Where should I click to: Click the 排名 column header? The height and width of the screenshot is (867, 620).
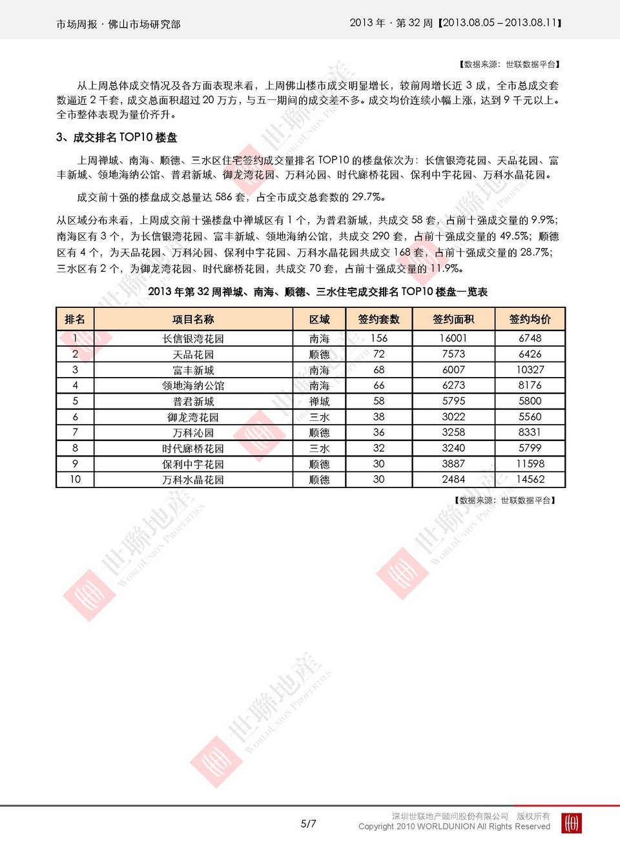75,319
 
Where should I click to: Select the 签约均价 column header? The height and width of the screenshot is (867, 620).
530,319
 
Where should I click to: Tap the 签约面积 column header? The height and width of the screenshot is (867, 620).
453,319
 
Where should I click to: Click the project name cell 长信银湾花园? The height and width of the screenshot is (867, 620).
193,338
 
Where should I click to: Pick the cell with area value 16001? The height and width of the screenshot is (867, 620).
453,338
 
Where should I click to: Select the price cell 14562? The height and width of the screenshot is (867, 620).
530,479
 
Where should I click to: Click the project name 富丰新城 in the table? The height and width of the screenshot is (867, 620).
193,370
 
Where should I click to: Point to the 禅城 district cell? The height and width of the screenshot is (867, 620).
319,401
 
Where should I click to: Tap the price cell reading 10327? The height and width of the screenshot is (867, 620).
530,370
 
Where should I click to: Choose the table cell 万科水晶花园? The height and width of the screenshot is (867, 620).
193,480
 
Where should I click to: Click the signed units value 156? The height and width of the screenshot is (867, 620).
378,338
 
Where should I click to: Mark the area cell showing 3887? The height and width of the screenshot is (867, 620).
453,464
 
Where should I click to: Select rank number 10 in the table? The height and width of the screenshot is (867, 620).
75,479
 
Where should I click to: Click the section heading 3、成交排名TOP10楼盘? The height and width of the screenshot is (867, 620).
116,138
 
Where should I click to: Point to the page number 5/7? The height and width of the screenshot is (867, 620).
308,824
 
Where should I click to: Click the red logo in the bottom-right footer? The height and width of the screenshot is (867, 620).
572,823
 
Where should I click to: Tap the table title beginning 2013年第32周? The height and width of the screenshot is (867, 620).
317,292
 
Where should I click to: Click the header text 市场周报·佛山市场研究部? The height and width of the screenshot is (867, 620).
118,24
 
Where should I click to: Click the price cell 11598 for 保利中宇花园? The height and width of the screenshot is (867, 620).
530,464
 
